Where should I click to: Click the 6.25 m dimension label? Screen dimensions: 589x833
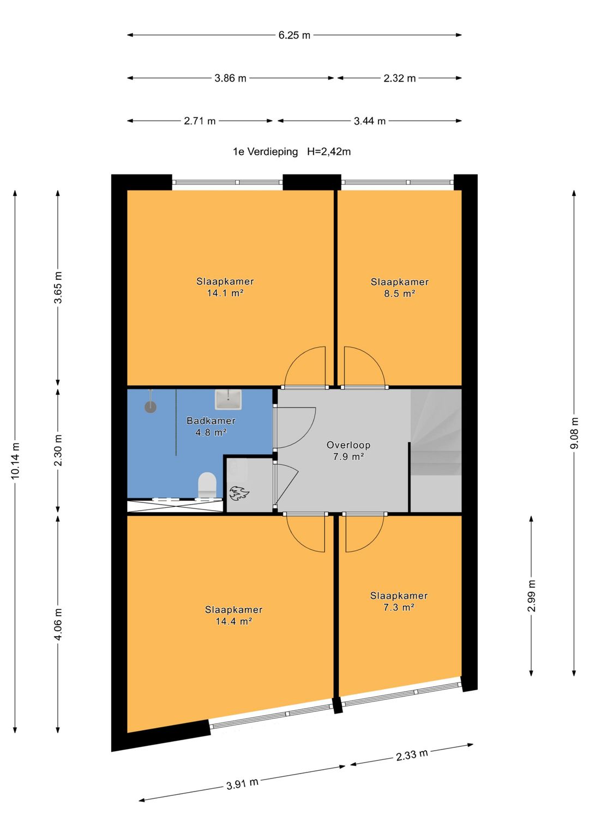point(294,35)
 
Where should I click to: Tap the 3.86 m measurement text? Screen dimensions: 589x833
point(230,79)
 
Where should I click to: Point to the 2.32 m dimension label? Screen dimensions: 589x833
point(399,79)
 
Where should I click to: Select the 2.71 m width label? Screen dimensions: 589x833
point(200,121)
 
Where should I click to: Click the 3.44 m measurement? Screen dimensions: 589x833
point(370,121)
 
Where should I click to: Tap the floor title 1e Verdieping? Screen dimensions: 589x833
point(266,152)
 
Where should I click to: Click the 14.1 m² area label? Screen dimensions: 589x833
point(225,293)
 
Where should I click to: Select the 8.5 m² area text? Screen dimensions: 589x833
point(399,293)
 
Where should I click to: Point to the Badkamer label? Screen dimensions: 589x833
point(211,421)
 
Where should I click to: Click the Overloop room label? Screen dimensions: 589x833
point(348,445)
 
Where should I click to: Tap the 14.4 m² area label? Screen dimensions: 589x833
point(234,621)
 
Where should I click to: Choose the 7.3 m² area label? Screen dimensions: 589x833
point(399,607)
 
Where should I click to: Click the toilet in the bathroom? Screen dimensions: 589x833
point(207,485)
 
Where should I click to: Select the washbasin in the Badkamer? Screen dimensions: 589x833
point(228,399)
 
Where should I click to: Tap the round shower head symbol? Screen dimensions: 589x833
point(150,406)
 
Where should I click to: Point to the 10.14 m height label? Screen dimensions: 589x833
point(15,461)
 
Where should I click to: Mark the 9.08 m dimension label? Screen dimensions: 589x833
point(574,433)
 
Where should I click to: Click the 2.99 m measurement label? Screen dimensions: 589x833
point(532,596)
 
